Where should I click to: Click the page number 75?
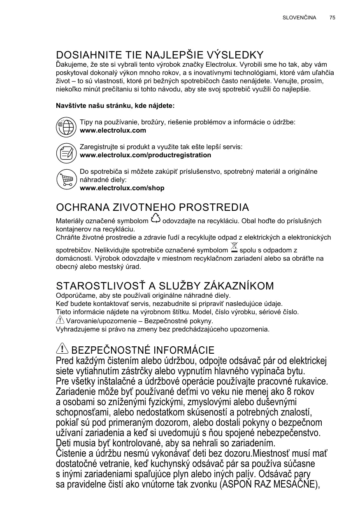point(332,18)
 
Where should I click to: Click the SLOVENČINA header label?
point(299,18)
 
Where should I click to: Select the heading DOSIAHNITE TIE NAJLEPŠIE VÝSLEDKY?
point(160,55)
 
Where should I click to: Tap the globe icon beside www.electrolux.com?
point(66,127)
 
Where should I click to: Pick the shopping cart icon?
point(66,179)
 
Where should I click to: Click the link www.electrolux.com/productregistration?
point(145,155)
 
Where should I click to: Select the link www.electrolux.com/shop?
point(122,188)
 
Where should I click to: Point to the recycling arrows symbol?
point(156,219)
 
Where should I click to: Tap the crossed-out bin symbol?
point(234,248)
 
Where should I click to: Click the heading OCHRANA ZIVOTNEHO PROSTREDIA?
point(152,207)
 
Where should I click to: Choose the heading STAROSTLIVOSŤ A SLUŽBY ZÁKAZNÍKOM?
point(165,286)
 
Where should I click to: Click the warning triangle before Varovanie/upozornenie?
point(60,320)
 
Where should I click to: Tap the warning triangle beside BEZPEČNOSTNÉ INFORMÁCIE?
point(63,349)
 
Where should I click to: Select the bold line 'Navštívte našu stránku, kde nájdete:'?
point(115,106)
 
